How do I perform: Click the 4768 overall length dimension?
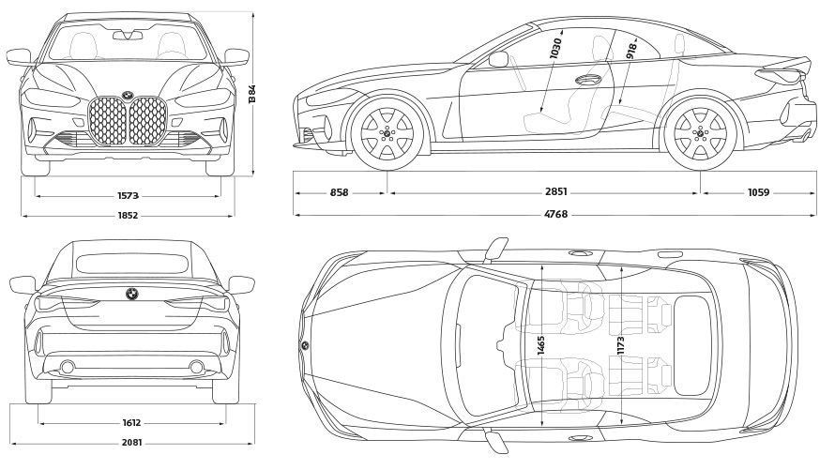pos(556,216)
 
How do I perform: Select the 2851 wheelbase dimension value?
pos(556,193)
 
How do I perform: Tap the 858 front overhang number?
pos(340,193)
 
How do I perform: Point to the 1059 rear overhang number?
pos(759,193)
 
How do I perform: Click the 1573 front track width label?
pos(129,196)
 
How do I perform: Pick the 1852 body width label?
pos(129,216)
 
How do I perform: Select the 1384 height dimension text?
pos(252,93)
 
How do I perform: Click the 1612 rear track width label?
pos(132,423)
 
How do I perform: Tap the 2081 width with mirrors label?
pos(132,443)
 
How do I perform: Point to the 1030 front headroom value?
pos(556,50)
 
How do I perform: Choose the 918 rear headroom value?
pos(631,52)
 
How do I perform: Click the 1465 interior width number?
pos(541,343)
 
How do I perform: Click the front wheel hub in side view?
pos(387,133)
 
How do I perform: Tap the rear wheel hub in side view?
pos(700,133)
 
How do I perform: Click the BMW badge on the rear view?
pos(132,293)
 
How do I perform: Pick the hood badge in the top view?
pos(305,346)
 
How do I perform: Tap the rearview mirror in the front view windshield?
pos(128,36)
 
